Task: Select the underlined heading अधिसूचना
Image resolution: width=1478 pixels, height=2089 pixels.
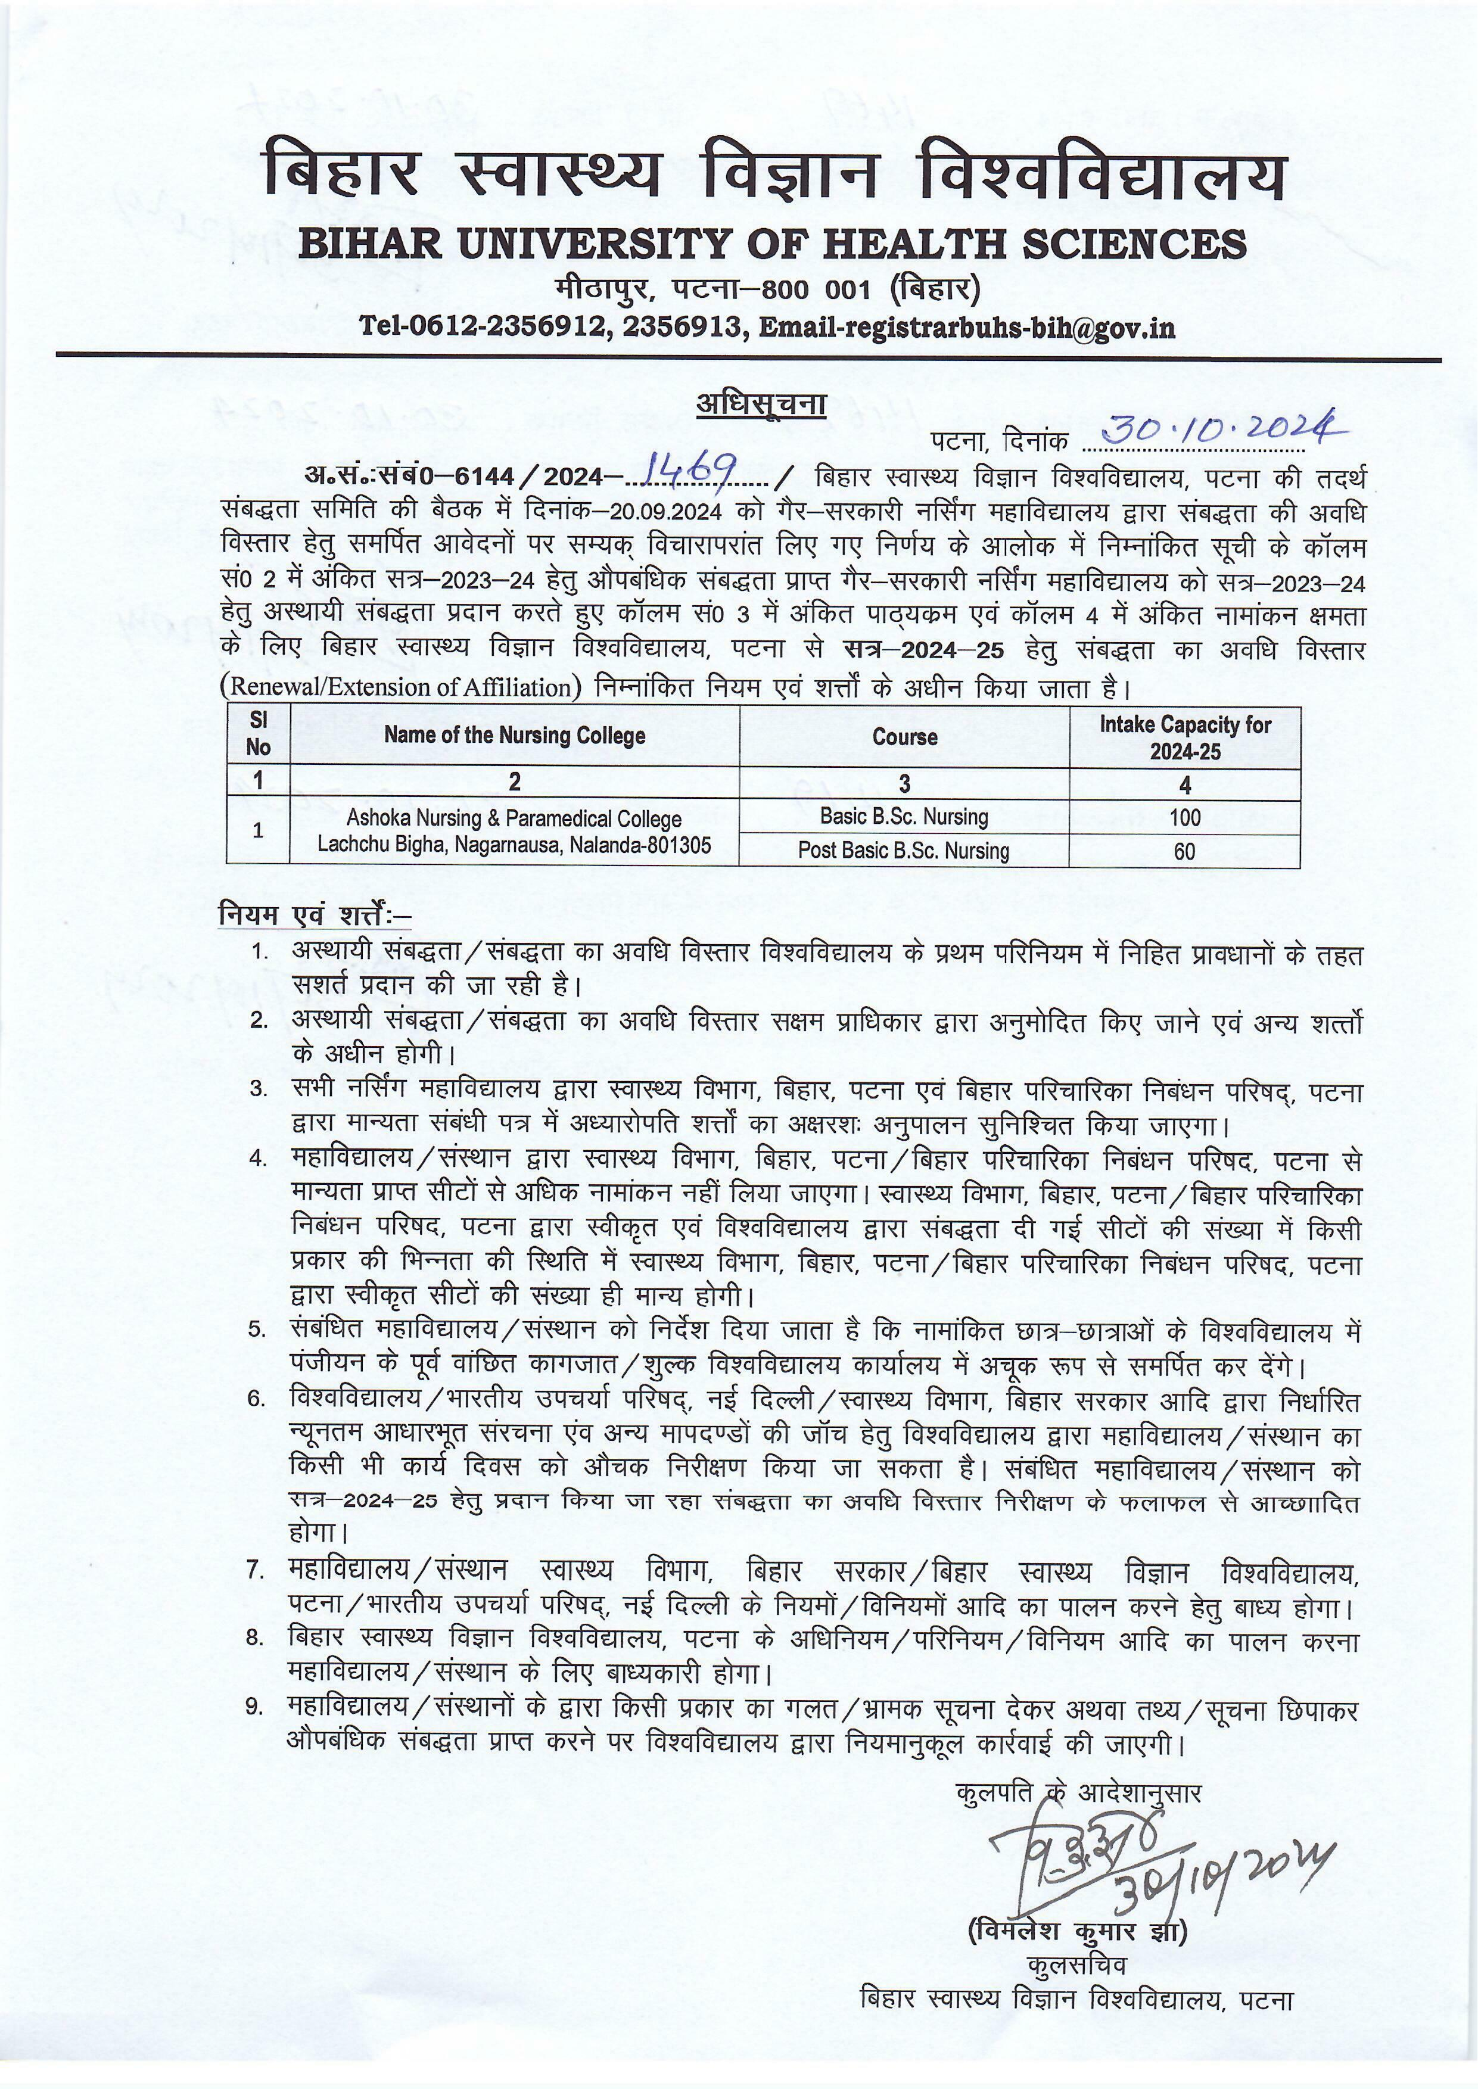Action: [x=761, y=403]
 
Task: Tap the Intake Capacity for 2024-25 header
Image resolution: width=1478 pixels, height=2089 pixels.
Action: [x=1184, y=737]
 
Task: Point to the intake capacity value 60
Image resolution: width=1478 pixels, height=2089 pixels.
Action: [x=1184, y=852]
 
